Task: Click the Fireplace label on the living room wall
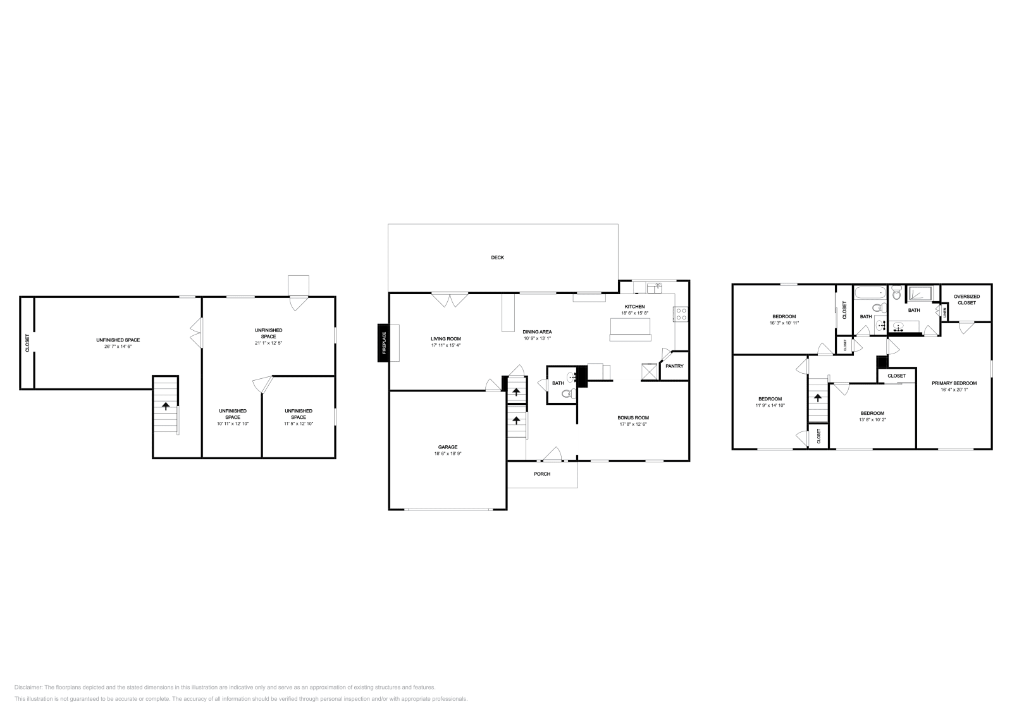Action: pyautogui.click(x=383, y=343)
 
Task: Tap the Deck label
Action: pyautogui.click(x=498, y=257)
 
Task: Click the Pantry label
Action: pyautogui.click(x=674, y=366)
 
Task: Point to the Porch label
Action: pyautogui.click(x=542, y=474)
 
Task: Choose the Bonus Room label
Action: pyautogui.click(x=633, y=417)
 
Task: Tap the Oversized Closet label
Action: pyautogui.click(x=966, y=299)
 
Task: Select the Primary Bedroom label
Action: pyautogui.click(x=954, y=383)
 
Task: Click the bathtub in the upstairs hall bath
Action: pyautogui.click(x=869, y=293)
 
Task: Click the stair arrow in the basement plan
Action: pyautogui.click(x=166, y=406)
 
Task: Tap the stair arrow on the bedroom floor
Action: pyautogui.click(x=818, y=398)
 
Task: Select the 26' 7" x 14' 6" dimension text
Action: pyautogui.click(x=118, y=347)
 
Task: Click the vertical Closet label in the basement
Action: pyautogui.click(x=27, y=343)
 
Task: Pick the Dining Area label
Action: pyautogui.click(x=538, y=331)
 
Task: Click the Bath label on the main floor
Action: pyautogui.click(x=558, y=383)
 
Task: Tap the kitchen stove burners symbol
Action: pyautogui.click(x=681, y=311)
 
